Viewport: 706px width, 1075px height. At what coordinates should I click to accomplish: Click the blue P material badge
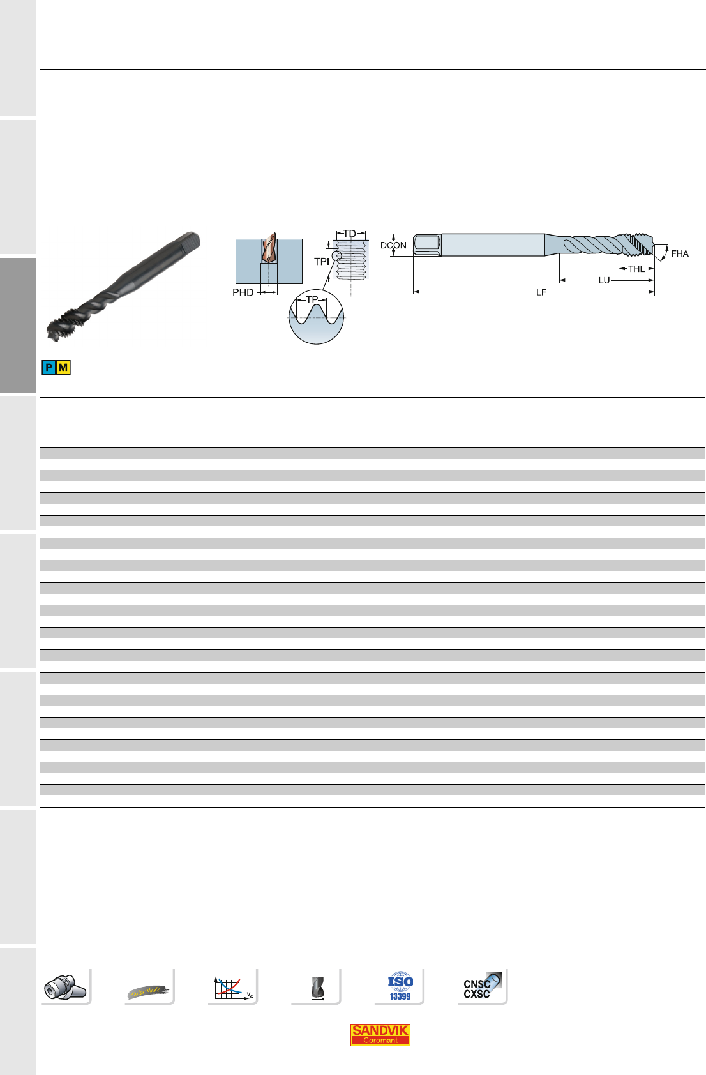coord(49,368)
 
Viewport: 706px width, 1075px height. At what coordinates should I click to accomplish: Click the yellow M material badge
coord(63,368)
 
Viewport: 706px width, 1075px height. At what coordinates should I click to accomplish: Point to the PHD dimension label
coord(243,292)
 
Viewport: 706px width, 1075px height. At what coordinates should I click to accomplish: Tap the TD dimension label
coord(349,234)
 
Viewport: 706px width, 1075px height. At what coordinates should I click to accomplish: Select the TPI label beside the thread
coord(322,262)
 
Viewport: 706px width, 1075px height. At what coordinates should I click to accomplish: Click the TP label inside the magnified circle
coord(312,300)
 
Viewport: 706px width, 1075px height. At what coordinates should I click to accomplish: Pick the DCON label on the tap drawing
coord(393,245)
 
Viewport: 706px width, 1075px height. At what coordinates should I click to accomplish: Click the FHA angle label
coord(680,253)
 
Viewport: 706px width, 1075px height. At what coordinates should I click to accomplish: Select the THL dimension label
coord(636,269)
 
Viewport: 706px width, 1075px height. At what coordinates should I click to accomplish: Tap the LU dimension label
coord(604,280)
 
